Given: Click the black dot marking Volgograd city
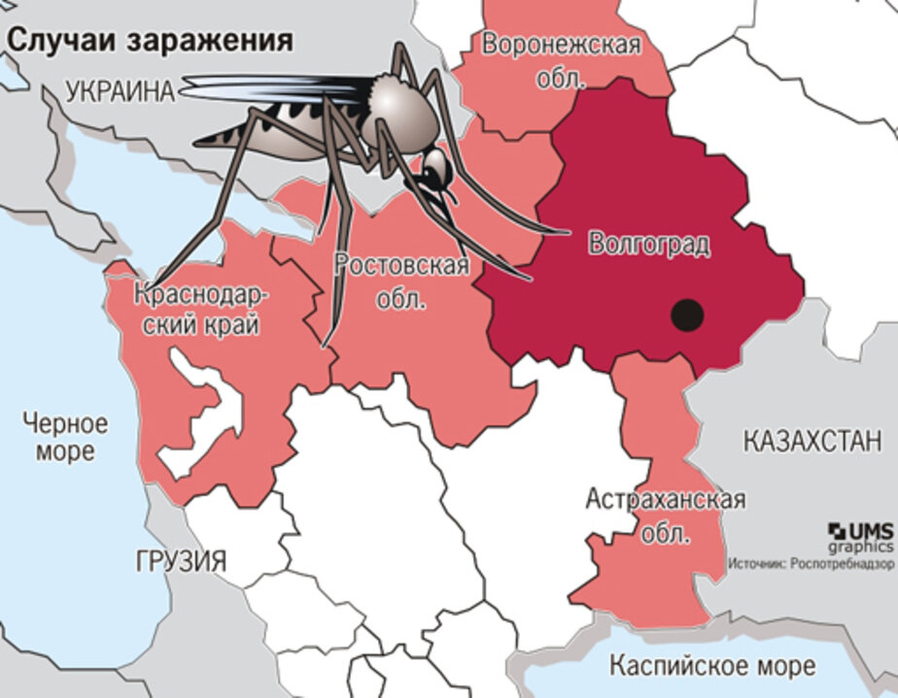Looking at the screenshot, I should (687, 315).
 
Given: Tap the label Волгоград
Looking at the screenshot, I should (648, 243).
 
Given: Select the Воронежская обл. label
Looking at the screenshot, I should (562, 60).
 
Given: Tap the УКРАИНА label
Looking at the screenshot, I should (121, 91).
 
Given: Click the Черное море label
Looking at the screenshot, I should (66, 437).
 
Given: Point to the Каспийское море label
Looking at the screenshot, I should (712, 667).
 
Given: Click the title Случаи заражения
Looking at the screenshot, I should (150, 40).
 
